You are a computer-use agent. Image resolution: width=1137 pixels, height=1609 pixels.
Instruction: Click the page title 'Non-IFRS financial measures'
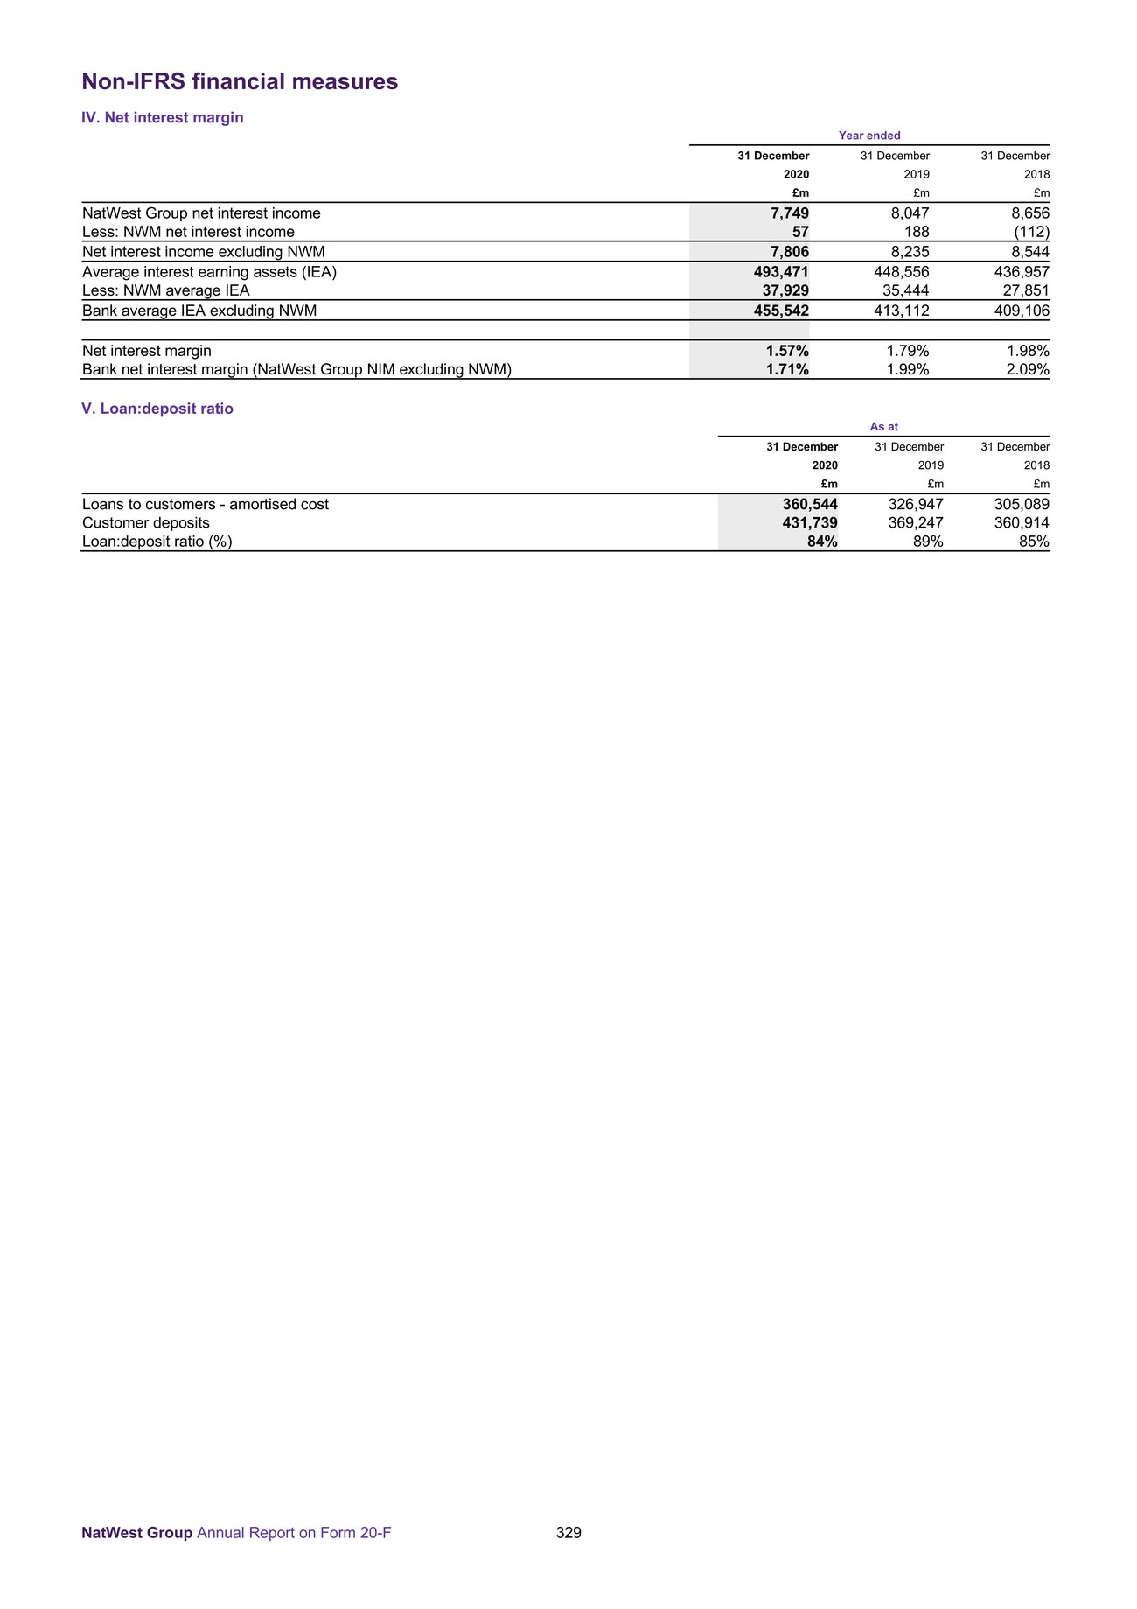240,82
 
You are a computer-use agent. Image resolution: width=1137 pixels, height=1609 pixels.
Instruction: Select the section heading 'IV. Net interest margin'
163,118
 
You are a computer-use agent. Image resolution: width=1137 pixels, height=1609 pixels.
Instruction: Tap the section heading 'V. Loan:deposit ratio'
157,409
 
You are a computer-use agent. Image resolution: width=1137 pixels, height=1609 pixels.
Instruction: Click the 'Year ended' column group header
869,136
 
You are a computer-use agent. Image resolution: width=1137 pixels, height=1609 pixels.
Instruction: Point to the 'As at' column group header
883,427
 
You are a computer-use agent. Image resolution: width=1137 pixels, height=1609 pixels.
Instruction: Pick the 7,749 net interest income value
789,213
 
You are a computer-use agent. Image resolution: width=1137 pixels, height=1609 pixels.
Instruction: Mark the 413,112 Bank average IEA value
901,311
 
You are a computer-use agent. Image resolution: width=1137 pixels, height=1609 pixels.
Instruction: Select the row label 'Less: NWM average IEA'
166,290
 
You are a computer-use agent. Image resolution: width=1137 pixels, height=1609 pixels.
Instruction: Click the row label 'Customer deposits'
146,523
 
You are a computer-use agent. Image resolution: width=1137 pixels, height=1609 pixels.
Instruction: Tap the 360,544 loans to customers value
810,505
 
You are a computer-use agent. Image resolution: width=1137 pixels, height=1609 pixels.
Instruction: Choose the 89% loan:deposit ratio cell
927,542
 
